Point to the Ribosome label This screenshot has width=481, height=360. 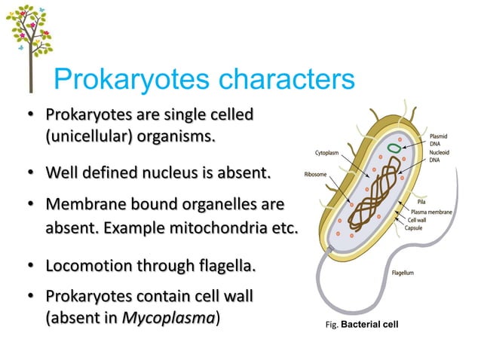[316, 173]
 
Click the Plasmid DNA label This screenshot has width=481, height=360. [439, 139]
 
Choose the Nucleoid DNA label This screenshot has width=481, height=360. [440, 155]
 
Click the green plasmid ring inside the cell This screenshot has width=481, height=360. [394, 148]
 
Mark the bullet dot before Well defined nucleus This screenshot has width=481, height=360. [31, 175]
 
